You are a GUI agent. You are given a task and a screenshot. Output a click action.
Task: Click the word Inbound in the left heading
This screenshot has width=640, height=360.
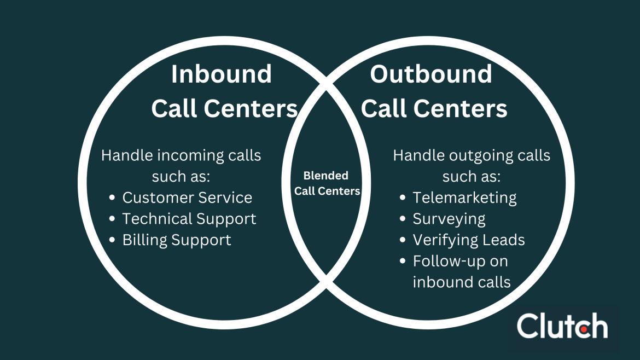pyautogui.click(x=221, y=74)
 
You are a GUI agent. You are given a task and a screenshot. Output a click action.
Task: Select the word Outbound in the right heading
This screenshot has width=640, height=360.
pyautogui.click(x=431, y=74)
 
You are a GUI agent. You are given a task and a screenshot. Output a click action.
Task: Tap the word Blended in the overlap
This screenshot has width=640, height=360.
pyautogui.click(x=326, y=176)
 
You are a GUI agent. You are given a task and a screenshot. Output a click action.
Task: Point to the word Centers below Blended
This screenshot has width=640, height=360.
pyautogui.click(x=342, y=191)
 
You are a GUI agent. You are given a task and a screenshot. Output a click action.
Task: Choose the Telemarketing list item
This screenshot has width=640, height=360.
pyautogui.click(x=464, y=198)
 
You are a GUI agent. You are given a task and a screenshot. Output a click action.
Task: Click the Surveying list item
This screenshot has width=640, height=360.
pyautogui.click(x=449, y=219)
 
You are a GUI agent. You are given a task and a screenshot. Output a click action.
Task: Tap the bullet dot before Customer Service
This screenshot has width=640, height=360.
pyautogui.click(x=112, y=198)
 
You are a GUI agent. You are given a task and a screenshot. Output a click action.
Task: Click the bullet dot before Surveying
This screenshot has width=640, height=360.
pyautogui.click(x=403, y=219)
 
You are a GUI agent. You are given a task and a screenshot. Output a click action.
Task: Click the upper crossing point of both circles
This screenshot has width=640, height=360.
pyautogui.click(x=327, y=84)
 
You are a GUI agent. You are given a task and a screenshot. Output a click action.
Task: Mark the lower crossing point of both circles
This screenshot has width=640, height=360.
pyautogui.click(x=327, y=283)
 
